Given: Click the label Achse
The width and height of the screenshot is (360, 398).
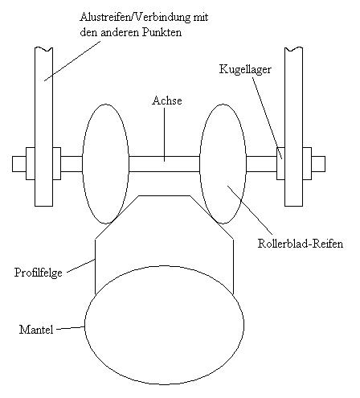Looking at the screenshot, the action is pos(167,101).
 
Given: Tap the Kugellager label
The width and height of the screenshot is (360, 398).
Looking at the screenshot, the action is pos(245,70).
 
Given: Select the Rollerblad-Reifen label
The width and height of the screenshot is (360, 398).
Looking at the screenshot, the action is pos(301,244).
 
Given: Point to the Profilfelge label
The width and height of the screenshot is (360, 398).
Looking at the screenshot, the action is pos(39,273).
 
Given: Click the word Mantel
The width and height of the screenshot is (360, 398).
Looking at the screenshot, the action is pos(36,330).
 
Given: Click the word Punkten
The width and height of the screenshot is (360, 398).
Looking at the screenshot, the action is pos(162,33).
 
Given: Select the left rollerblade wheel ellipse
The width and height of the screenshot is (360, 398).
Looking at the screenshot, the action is pos(83,163).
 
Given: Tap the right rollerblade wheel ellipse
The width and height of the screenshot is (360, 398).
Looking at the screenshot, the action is pos(200,163).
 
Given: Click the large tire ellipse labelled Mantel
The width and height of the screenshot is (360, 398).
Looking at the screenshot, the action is pos(84,325).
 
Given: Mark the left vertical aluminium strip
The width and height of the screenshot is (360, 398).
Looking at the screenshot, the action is pos(43,127).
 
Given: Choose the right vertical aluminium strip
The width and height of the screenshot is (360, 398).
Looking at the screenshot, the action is pos(293,127).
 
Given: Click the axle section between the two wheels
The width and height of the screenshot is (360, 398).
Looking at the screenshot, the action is pos(165,164).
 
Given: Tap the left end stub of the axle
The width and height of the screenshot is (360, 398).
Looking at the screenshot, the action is pos(19,164).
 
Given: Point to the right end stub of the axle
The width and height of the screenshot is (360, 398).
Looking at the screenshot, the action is pos(318,164).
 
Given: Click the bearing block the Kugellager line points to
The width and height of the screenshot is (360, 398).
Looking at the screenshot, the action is pos(280,163).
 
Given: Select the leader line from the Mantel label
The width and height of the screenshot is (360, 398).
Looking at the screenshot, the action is pos(71,328).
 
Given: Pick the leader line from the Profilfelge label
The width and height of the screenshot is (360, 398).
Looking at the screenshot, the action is pos(80,266).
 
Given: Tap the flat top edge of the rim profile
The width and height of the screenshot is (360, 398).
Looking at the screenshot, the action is pos(164,196).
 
